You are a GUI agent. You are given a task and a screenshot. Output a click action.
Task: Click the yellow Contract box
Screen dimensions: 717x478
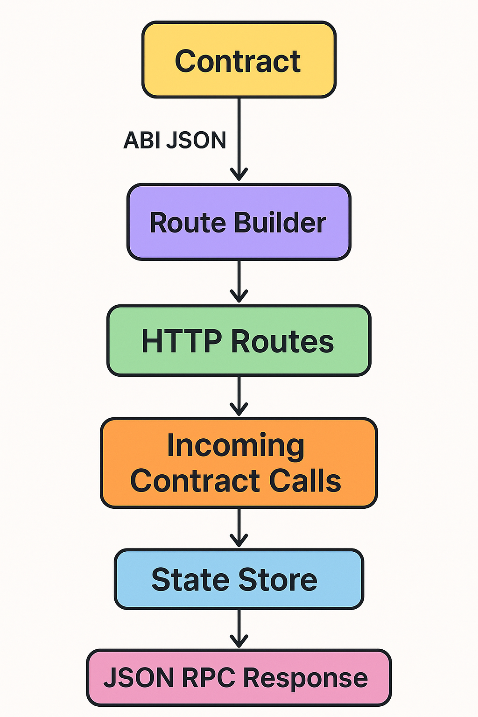tap(239, 60)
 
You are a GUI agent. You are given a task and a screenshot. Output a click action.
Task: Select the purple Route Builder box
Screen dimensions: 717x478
tap(239, 222)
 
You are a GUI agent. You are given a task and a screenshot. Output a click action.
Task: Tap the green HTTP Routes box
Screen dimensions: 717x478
tap(239, 341)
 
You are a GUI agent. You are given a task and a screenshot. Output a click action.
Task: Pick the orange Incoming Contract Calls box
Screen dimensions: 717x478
tap(239, 463)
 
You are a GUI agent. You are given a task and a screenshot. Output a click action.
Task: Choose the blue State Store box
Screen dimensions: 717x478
tap(239, 579)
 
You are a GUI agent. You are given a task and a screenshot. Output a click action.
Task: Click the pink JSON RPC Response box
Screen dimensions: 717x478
tap(239, 678)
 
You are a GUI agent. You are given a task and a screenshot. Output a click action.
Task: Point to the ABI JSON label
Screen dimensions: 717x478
tap(175, 140)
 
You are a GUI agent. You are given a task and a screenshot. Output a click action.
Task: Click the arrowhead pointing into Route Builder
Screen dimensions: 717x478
tap(239, 175)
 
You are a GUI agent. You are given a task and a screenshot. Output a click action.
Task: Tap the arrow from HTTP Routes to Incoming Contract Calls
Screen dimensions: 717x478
tap(239, 397)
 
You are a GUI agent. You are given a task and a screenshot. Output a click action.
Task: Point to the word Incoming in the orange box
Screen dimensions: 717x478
tap(236, 445)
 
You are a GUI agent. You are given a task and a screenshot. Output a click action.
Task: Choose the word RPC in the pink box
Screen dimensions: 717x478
tap(208, 678)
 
